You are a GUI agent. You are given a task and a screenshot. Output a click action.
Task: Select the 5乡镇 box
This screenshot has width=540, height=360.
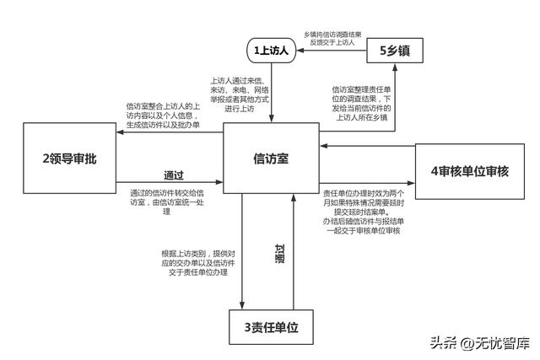pos(394,51)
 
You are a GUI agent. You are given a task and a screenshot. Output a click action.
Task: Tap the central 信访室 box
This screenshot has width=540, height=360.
pos(271,159)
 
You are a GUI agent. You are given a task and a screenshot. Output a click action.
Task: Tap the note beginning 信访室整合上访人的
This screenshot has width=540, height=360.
pos(162,115)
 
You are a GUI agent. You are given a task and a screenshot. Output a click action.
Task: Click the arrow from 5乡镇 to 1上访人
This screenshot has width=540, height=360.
pos(333,51)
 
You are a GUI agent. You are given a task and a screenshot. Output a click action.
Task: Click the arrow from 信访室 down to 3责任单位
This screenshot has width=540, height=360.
pos(243,253)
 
